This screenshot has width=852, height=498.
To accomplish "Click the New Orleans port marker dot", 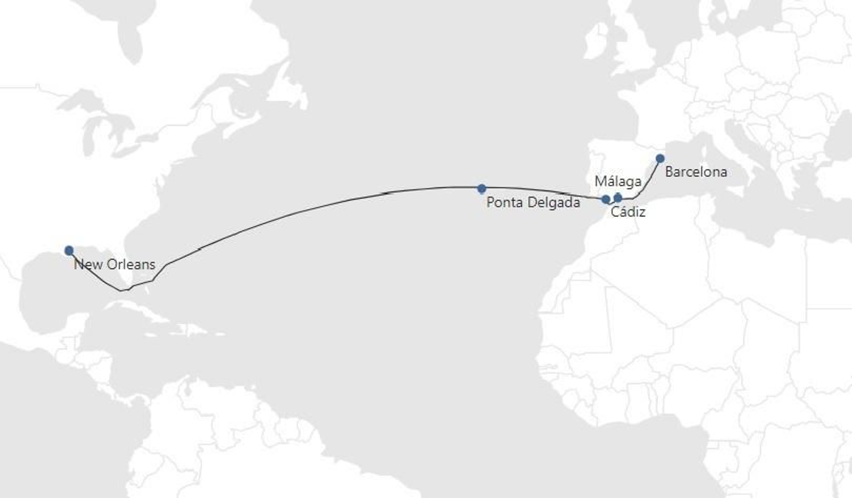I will pos(69,250).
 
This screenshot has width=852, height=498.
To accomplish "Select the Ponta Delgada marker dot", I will pos(481,189).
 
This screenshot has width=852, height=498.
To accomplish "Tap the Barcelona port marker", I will pos(660,158).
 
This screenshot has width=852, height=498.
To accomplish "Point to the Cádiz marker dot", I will pos(605,200).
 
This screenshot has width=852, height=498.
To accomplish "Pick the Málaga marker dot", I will pos(618,198).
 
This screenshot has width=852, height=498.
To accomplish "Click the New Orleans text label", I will pos(114,265).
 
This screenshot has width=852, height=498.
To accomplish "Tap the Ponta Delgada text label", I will pos(533,203).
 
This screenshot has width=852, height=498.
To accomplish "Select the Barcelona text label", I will pos(695,172).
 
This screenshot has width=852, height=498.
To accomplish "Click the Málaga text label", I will pos(618,182).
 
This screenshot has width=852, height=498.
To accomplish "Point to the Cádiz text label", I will pos(628,213).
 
